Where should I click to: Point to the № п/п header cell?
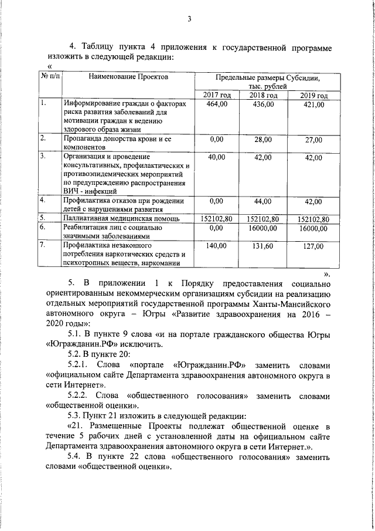(50, 77)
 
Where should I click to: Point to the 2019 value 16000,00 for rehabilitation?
(313, 228)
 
